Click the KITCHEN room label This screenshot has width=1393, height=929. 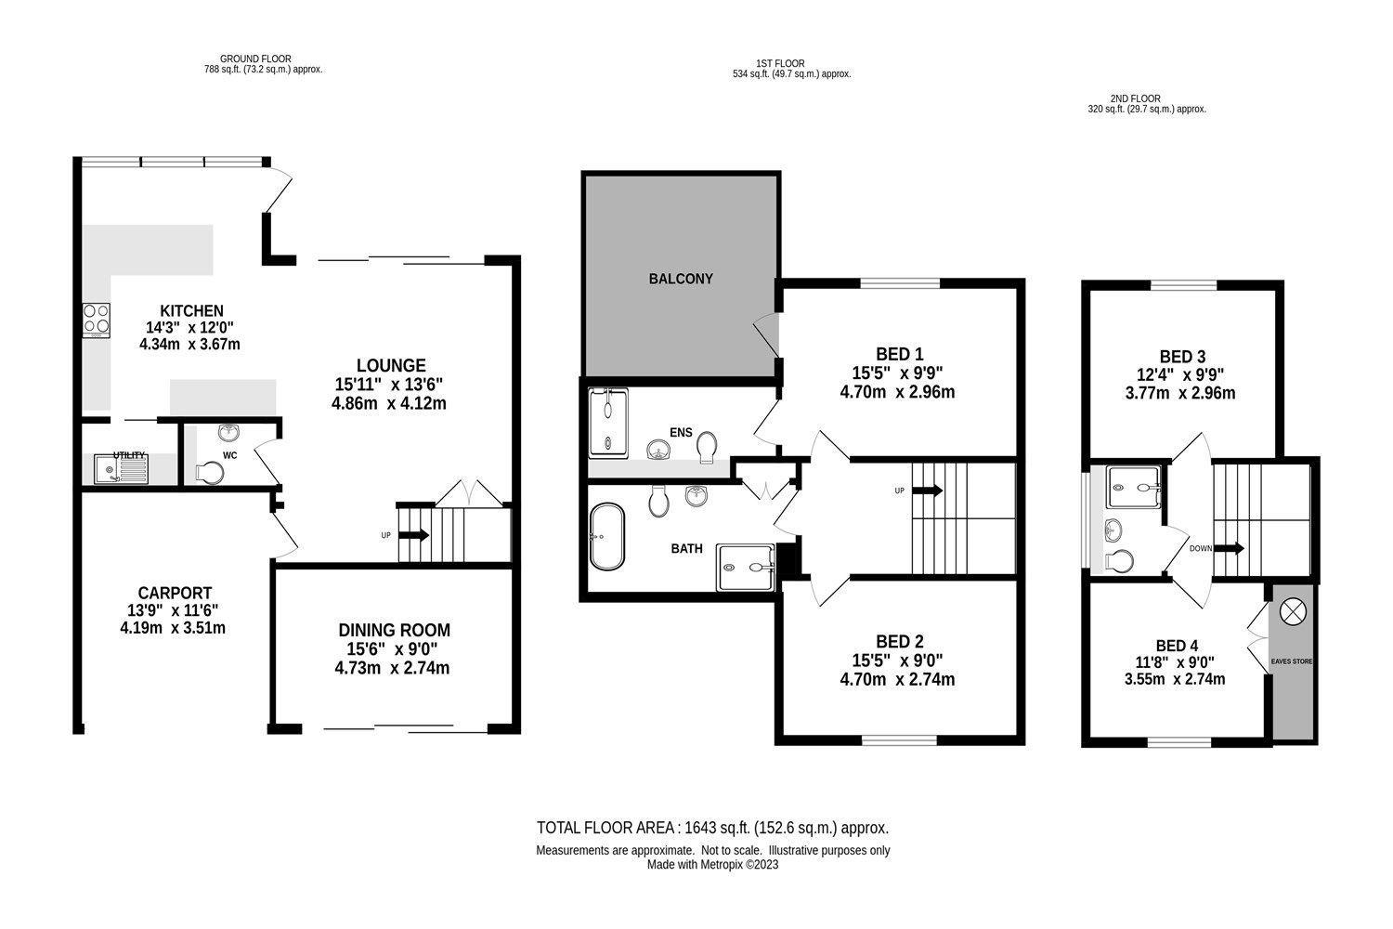(191, 310)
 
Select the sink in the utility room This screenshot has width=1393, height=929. (122, 471)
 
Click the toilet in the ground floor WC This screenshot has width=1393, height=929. (209, 473)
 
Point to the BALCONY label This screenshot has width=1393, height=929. (681, 279)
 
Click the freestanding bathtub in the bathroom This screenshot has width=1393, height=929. (608, 536)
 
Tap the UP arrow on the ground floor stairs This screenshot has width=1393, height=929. (413, 535)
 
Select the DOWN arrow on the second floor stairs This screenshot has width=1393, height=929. (1231, 548)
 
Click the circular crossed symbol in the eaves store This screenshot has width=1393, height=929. (1292, 610)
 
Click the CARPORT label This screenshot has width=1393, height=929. (175, 593)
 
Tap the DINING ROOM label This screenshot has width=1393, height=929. (394, 630)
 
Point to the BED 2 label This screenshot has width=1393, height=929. (899, 641)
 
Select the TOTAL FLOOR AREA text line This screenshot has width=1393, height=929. (713, 828)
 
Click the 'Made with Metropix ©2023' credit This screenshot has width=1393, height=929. (712, 864)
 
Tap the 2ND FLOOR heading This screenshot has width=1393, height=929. (1134, 98)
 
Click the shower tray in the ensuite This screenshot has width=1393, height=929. (608, 424)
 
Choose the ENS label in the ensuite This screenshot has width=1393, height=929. (681, 432)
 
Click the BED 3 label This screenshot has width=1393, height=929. (1182, 356)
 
